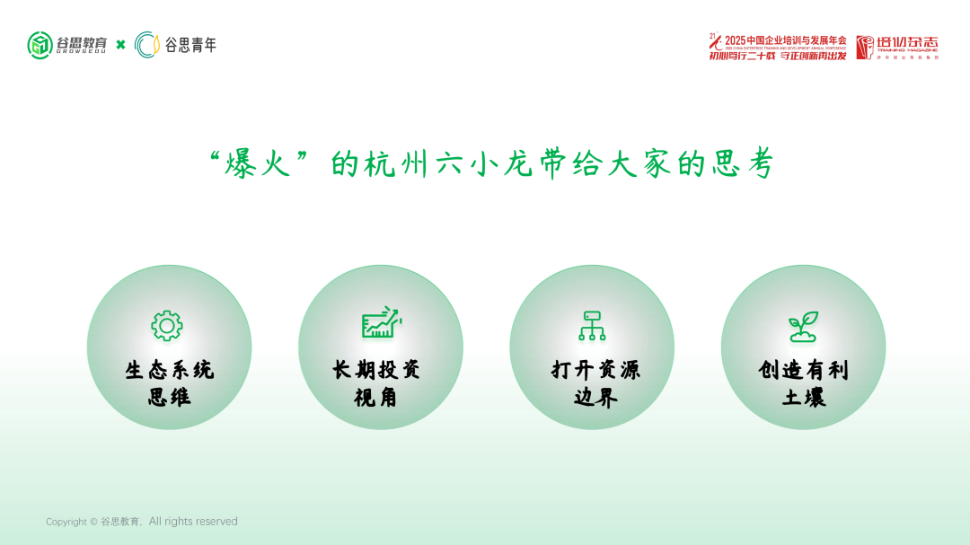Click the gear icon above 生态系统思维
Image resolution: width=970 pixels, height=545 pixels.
click(167, 325)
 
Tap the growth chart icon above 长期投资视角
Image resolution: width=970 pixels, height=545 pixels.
click(381, 322)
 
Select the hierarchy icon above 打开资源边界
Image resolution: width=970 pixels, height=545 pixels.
click(591, 325)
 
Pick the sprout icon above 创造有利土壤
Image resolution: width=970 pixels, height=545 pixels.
click(803, 326)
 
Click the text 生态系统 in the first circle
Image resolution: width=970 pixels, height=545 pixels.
click(169, 370)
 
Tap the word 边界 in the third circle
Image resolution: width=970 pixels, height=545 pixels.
click(595, 397)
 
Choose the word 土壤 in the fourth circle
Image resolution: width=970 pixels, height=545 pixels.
click(804, 397)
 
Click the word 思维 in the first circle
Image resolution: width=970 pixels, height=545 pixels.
click(169, 397)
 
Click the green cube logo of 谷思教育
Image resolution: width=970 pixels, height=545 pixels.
click(40, 45)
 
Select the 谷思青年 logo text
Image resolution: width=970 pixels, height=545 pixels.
click(190, 45)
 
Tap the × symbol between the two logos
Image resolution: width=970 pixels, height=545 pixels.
click(120, 45)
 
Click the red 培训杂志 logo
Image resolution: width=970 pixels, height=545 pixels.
click(896, 47)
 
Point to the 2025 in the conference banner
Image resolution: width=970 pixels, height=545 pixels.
click(735, 40)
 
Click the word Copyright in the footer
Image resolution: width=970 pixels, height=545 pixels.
click(66, 522)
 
